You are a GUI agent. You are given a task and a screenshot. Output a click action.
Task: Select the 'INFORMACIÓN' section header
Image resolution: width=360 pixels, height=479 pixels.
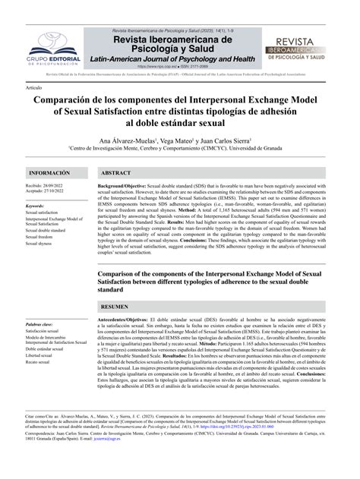(48, 173)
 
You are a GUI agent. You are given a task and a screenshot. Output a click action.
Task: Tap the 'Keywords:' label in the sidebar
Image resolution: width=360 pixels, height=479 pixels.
(39, 206)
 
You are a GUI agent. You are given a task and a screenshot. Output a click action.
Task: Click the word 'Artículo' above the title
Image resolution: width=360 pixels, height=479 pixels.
(33, 88)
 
